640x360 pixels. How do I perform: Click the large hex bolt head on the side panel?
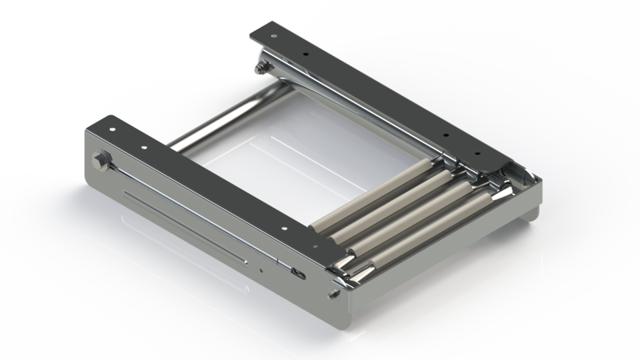point(101,160)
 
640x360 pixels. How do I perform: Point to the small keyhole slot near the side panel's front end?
point(299,273)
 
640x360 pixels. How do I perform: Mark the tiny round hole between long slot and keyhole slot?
point(261,270)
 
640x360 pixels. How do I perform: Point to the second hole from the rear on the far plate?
point(305,52)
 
